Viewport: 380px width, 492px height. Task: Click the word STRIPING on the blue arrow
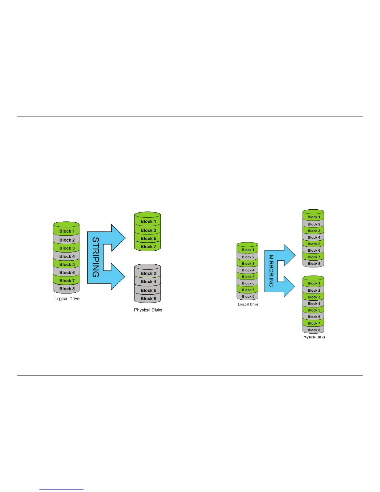pos(96,257)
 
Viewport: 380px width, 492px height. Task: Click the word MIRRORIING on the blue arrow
pos(271,271)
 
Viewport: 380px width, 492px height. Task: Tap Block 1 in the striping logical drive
pos(67,231)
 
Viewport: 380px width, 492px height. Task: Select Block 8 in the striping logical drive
pos(67,289)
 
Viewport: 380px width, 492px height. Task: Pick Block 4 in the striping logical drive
pos(67,256)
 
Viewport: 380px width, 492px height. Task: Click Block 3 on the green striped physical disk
pos(148,230)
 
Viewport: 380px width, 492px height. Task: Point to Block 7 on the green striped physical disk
pos(148,247)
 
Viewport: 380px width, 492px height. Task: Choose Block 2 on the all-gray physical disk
pos(148,273)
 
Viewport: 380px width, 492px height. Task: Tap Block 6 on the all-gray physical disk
pos(148,290)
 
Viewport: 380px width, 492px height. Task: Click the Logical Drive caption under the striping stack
pos(67,299)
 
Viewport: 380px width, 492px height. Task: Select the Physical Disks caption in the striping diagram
pos(148,310)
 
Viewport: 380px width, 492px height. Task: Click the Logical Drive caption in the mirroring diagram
pos(248,304)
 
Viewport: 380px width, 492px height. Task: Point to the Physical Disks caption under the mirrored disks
pos(314,337)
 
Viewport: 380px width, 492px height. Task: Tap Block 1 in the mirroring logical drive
pos(248,250)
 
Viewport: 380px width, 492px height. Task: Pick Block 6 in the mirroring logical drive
pos(248,283)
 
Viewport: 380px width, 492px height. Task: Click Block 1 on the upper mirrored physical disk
pos(314,217)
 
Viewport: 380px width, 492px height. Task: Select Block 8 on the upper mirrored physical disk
pos(314,264)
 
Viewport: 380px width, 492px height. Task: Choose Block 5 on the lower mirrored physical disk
pos(314,310)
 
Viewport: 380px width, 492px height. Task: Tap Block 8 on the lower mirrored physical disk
pos(314,330)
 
